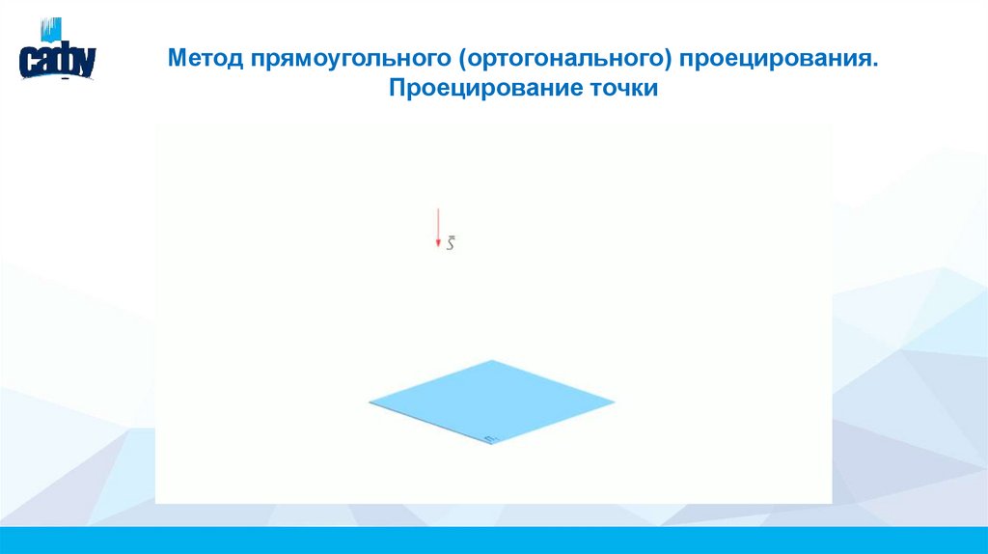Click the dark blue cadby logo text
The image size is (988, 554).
pos(57,62)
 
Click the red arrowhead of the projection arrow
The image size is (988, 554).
pos(438,245)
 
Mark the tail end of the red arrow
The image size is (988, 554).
pos(438,208)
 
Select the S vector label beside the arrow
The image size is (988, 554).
pos(451,245)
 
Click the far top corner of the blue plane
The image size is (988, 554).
pos(493,361)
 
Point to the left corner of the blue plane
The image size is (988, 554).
pos(370,402)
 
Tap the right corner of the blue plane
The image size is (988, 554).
pos(614,402)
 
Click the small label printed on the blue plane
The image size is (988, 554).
pos(490,438)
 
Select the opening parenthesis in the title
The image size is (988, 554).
pos(464,60)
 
